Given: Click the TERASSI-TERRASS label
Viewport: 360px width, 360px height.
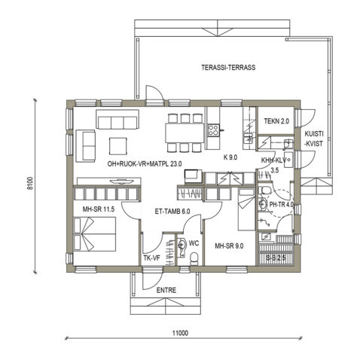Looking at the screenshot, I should coord(229,67).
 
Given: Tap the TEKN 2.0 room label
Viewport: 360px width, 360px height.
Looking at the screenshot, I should coord(276,121).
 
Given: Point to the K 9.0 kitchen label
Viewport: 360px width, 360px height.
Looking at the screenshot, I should coord(230,157).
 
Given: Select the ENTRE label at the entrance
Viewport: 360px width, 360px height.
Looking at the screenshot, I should coord(166,289).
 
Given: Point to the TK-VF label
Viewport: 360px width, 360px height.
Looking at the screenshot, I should coord(151,258).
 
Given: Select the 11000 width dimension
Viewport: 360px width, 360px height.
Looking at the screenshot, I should coord(178,333).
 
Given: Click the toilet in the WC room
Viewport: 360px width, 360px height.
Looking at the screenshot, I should coord(194,259).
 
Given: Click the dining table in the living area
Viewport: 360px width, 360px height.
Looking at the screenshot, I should coord(185,131).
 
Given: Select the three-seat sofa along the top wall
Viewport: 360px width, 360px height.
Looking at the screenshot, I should coord(118,121).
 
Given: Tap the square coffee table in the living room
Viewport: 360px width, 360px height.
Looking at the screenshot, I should coord(119,145).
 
